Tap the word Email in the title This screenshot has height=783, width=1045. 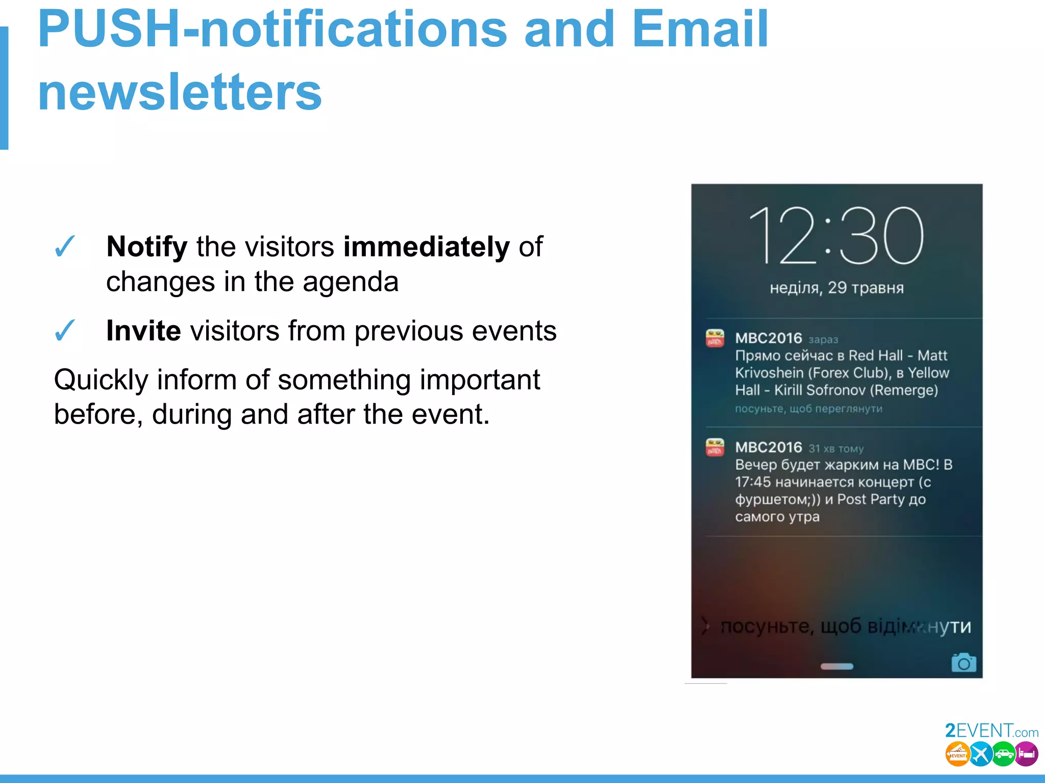click(x=700, y=30)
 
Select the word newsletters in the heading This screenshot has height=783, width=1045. click(x=180, y=92)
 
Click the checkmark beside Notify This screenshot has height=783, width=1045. click(x=65, y=247)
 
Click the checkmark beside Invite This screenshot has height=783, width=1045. click(x=65, y=331)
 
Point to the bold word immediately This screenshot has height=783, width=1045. click(x=426, y=247)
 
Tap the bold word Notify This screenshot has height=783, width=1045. click(x=147, y=247)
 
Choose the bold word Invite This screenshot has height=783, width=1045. click(x=143, y=331)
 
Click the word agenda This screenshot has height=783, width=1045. click(x=350, y=282)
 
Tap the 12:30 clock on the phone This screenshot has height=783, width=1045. click(x=836, y=236)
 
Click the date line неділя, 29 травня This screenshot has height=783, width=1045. click(x=836, y=288)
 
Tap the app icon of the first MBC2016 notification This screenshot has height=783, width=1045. click(x=714, y=338)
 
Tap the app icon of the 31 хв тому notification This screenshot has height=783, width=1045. click(x=714, y=447)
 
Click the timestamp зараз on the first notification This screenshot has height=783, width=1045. click(x=823, y=340)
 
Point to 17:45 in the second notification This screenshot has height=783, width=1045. click(x=753, y=482)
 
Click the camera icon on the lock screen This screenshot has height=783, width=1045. click(x=963, y=663)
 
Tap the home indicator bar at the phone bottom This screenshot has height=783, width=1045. click(x=836, y=666)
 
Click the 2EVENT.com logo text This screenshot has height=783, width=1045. click(x=991, y=731)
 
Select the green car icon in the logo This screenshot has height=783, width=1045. click(x=1004, y=754)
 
